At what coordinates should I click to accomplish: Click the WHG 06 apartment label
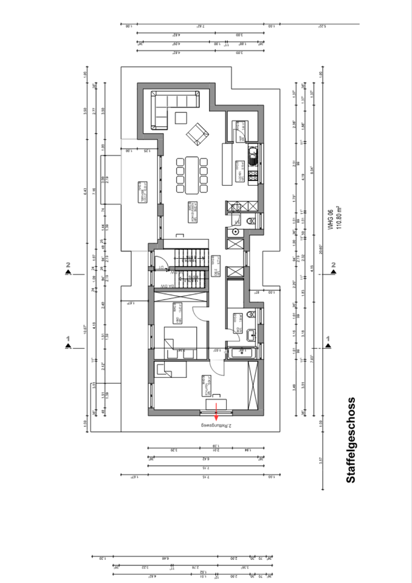tap(329, 216)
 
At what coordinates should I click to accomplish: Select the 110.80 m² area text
tap(339, 216)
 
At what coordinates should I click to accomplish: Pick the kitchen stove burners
tap(253, 177)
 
